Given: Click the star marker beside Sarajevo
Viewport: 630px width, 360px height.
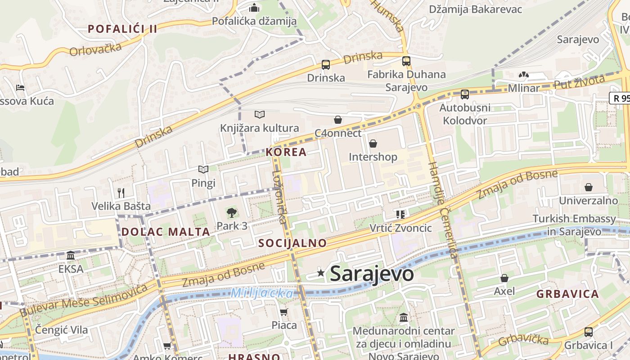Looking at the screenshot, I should (x=321, y=273).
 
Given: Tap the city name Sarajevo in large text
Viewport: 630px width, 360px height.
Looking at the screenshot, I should (x=372, y=274).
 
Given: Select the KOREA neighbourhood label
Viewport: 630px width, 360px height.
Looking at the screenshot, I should (x=286, y=152).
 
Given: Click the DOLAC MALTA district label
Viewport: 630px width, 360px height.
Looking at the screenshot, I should (x=166, y=232).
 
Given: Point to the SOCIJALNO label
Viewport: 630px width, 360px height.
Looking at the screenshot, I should (x=292, y=243).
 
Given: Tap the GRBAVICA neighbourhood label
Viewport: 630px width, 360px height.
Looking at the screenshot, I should (x=567, y=294).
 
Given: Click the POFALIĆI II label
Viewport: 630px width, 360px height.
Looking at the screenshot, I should (x=122, y=29).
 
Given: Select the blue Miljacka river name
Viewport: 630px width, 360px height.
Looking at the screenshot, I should (x=262, y=293).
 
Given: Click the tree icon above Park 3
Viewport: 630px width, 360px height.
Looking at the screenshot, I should (x=232, y=212).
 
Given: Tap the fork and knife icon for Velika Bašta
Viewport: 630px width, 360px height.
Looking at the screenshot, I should (x=121, y=193).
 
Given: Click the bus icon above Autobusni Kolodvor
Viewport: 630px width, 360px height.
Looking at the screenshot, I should (x=465, y=94).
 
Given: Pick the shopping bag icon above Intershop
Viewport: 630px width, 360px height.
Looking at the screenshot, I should (x=373, y=144).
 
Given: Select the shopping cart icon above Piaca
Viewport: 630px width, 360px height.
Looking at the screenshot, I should (x=283, y=312).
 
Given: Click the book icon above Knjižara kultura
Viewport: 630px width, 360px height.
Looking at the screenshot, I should (x=259, y=115).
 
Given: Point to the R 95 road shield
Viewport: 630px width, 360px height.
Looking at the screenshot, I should (x=620, y=98).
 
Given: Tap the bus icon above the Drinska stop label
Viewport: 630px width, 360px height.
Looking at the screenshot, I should (x=326, y=65).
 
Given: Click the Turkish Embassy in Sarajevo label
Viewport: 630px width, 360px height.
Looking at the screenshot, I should (x=574, y=225).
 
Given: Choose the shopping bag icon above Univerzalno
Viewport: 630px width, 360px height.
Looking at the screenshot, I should (x=589, y=187).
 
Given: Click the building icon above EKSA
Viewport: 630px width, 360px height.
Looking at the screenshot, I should (x=71, y=256).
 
